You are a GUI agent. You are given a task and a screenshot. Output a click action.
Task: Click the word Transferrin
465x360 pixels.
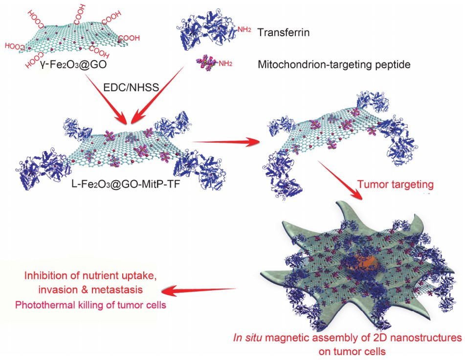click(284, 32)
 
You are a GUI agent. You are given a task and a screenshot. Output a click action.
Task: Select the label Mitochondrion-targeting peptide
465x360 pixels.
click(334, 64)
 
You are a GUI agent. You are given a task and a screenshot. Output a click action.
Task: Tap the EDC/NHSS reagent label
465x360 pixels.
click(131, 87)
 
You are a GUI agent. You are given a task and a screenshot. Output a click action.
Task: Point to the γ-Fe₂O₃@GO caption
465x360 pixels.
click(73, 64)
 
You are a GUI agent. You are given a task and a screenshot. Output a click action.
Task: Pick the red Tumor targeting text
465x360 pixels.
click(395, 185)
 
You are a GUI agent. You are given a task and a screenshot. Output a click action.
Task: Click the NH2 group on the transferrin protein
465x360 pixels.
click(244, 30)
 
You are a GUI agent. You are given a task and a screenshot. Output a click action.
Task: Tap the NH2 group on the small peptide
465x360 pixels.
click(225, 64)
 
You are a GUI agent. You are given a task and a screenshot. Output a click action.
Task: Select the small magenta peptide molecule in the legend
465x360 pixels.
click(207, 63)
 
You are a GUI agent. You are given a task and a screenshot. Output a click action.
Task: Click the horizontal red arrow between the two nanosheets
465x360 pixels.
click(227, 143)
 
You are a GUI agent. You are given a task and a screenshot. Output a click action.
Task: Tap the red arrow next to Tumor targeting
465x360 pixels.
click(340, 180)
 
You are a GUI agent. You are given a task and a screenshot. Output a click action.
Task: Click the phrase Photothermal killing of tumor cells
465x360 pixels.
click(91, 305)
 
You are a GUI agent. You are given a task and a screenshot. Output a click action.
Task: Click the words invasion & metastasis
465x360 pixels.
click(91, 290)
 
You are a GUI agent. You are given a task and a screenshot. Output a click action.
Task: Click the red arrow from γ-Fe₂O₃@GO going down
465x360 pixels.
click(105, 99)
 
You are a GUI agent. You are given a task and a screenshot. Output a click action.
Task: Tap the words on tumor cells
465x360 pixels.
click(353, 352)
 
